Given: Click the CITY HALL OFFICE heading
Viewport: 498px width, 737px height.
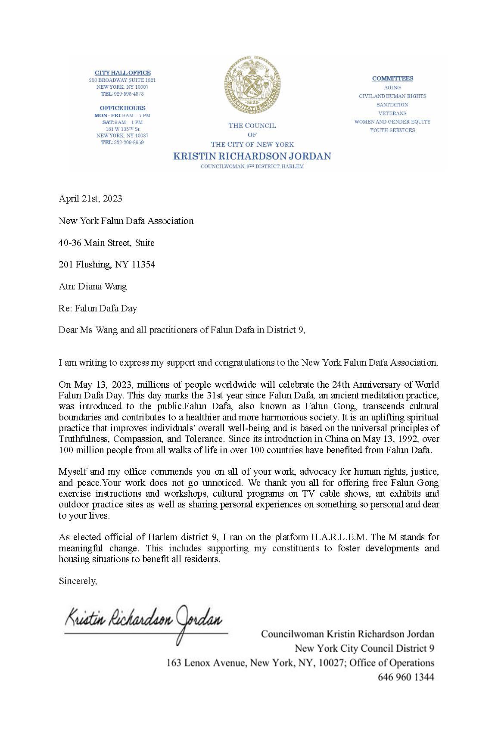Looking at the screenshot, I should [123, 73].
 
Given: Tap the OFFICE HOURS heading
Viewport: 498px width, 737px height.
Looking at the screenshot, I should [123, 108].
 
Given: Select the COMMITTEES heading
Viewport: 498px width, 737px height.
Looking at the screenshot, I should [392, 78].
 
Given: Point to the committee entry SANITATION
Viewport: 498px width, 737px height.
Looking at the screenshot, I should [392, 105].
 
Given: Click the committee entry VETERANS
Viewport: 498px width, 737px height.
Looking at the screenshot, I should [392, 113].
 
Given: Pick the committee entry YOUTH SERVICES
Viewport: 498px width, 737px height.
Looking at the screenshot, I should [392, 130].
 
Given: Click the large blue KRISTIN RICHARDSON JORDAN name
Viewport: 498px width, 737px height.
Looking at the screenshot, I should [252, 156].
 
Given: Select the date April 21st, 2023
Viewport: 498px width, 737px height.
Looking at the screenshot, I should [90, 199].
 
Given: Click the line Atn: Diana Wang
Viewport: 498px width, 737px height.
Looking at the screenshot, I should [93, 286].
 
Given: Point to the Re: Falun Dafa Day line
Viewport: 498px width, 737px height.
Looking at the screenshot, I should [98, 308].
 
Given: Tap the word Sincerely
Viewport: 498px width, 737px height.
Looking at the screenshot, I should [78, 581].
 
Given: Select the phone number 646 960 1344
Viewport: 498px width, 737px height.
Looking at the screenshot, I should [406, 677].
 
